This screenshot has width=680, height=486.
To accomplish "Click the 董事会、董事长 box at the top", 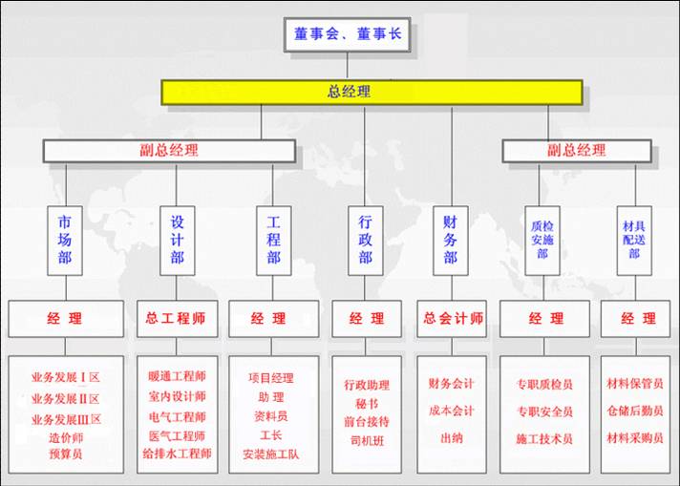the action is pos(347,34).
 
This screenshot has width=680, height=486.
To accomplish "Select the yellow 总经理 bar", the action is pos(372,93).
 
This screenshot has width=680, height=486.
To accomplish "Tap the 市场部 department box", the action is pos(65,241).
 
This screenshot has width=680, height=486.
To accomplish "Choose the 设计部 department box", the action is pos(177,241).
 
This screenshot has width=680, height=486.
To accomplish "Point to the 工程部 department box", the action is pos(273,241).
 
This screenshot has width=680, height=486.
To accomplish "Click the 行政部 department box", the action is pos(365,241).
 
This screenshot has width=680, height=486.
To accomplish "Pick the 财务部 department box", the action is pos(450,241).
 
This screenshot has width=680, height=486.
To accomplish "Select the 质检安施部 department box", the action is pos(542,241).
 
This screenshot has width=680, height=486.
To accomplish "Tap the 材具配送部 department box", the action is pos(634,241).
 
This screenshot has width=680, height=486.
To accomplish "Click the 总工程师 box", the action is pos(177,319).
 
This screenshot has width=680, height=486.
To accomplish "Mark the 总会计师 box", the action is pos(452,319).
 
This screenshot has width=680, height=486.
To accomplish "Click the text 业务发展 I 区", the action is pos(66,377).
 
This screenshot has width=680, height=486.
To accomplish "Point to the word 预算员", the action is pos(66,454).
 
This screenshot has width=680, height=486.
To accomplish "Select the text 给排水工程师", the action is pos(177,454).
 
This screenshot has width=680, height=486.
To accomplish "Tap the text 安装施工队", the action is pos(270,454).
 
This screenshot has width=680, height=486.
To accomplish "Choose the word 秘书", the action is pos(367,404).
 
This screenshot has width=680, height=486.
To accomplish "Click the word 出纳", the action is pos(452,438).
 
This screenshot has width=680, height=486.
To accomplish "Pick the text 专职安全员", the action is pos(544,412).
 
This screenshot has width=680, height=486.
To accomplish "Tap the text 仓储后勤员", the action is pos(635,411).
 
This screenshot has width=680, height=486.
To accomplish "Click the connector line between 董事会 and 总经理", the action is pos(347,66).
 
